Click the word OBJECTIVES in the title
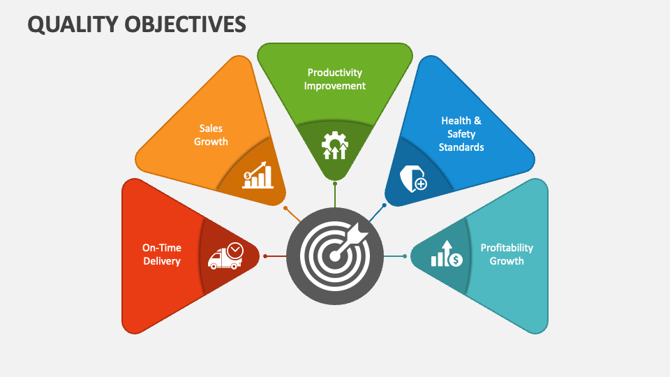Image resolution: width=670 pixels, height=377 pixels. pyautogui.click(x=186, y=24)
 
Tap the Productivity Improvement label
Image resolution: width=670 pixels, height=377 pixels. pyautogui.click(x=334, y=79)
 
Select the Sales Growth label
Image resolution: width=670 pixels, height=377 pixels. pyautogui.click(x=211, y=135)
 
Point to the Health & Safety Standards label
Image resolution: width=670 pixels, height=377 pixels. pyautogui.click(x=461, y=134)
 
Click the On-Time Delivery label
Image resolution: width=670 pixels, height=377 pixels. pyautogui.click(x=161, y=254)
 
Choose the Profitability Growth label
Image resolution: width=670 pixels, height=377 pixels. pyautogui.click(x=507, y=254)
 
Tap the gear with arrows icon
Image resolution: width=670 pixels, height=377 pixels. pyautogui.click(x=335, y=145)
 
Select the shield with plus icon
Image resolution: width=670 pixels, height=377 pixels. pyautogui.click(x=412, y=179)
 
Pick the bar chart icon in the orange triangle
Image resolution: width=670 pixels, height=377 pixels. pyautogui.click(x=258, y=175)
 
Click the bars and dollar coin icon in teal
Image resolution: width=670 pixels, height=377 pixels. pyautogui.click(x=447, y=253)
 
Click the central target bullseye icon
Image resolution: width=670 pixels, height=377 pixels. pyautogui.click(x=335, y=256)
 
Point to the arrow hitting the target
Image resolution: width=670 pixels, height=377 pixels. pyautogui.click(x=349, y=241)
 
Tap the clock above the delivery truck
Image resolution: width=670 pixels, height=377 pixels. pyautogui.click(x=235, y=251)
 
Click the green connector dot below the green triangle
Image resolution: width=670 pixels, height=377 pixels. pyautogui.click(x=335, y=184)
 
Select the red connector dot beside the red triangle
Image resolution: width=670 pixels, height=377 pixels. pyautogui.click(x=265, y=256)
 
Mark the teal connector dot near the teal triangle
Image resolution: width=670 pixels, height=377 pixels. pyautogui.click(x=405, y=256)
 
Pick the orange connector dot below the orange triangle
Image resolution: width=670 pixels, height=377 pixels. pyautogui.click(x=285, y=208)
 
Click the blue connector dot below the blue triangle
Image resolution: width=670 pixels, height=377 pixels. pyautogui.click(x=384, y=205)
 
